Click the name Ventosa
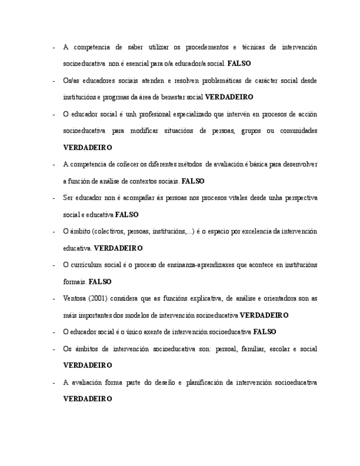tap(75, 298)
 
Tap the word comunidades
tap(298, 131)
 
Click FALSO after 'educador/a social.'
tap(239, 64)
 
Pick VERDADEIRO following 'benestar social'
tap(229, 97)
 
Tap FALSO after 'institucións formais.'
tap(100, 282)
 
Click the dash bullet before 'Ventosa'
tap(53, 298)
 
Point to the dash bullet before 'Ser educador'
tap(53, 198)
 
